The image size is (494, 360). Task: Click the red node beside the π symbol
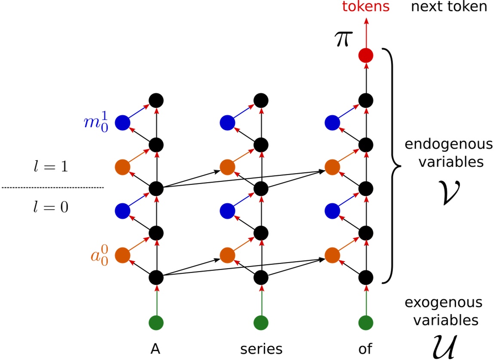(x=365, y=56)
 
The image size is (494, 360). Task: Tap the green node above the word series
(x=261, y=322)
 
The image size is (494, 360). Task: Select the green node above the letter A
(x=156, y=322)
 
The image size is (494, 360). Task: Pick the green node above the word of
(x=365, y=322)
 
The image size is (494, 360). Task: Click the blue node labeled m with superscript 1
(x=123, y=123)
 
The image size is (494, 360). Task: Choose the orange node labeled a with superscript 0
(x=123, y=255)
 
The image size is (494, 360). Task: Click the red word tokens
(x=365, y=6)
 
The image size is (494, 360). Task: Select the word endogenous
(x=448, y=144)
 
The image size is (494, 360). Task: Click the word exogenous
(x=443, y=302)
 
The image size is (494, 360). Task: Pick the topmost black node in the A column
(x=156, y=101)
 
